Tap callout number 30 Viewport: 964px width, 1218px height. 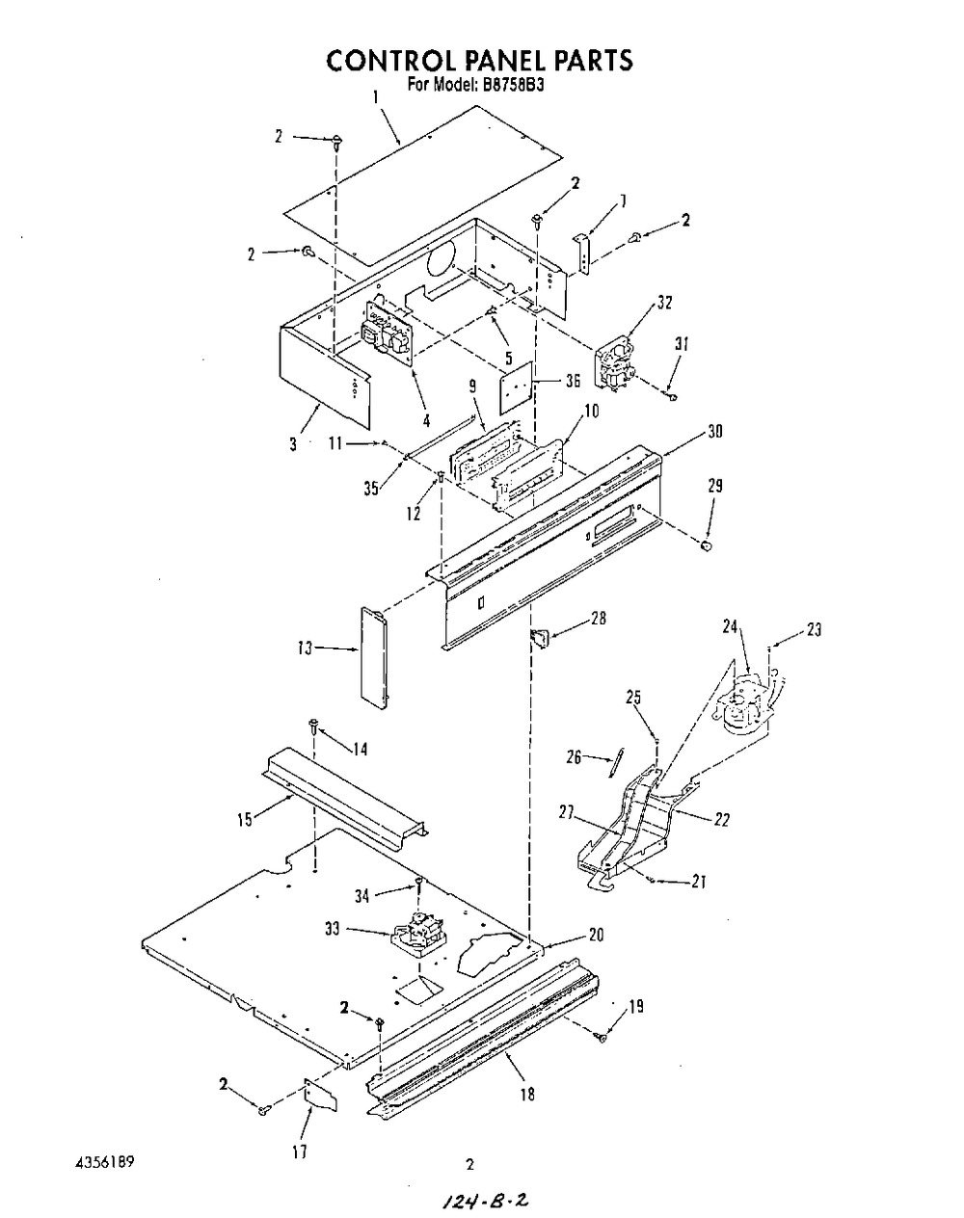click(715, 431)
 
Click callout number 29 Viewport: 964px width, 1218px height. click(714, 487)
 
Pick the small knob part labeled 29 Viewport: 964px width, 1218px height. click(706, 546)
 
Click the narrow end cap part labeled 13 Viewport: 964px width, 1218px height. click(375, 656)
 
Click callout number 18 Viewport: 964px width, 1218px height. click(527, 1095)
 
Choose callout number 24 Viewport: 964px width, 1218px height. click(730, 627)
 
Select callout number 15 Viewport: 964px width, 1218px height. click(245, 819)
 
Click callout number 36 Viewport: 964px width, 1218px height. click(573, 381)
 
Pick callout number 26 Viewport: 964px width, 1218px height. click(574, 757)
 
